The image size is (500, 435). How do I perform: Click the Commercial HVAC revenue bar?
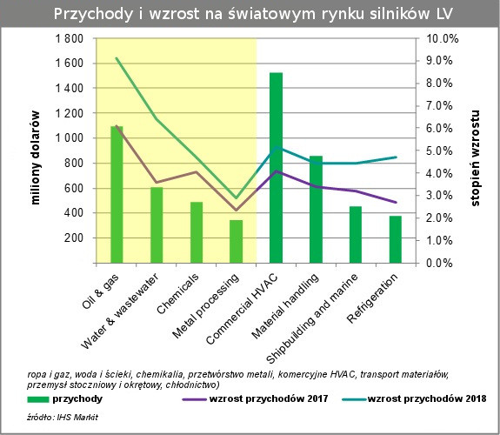[x=276, y=168]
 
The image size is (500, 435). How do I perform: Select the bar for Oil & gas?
[x=117, y=195]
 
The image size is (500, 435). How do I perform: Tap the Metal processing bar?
[x=236, y=242]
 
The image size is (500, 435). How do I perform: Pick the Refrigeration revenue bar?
[x=396, y=239]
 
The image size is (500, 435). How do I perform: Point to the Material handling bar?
[x=316, y=210]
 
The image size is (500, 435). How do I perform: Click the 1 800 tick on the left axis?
[x=70, y=38]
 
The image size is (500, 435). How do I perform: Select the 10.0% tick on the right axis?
[x=443, y=38]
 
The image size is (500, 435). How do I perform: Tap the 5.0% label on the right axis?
[x=439, y=151]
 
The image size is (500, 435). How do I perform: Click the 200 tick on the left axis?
[x=74, y=238]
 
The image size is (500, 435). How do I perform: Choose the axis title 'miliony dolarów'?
[x=36, y=157]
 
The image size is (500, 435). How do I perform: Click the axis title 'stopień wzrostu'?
[x=475, y=158]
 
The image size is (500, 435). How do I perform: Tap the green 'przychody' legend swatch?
[x=38, y=399]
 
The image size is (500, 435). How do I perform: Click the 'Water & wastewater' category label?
[x=120, y=311]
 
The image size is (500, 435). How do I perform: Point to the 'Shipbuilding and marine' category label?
[x=311, y=318]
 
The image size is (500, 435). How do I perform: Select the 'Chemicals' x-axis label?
[x=177, y=293]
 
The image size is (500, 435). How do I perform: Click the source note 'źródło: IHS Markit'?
[x=63, y=417]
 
